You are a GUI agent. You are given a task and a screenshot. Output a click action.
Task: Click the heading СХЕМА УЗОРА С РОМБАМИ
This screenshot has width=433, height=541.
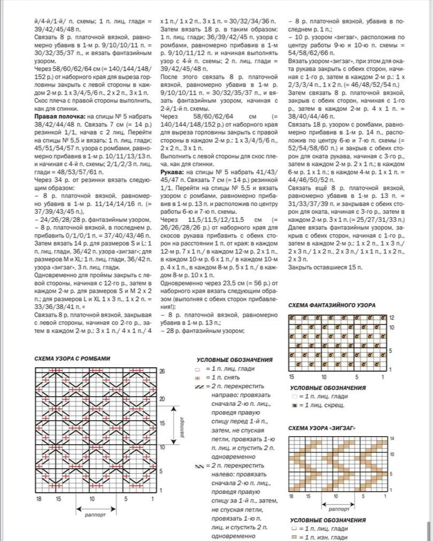[72, 358]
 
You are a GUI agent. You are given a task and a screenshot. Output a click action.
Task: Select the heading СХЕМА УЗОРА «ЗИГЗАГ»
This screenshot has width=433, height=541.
[322, 428]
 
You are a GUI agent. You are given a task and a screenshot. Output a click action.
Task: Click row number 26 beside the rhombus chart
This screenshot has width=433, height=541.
[162, 371]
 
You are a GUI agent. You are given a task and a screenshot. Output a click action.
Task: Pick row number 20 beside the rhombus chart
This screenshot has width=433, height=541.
[162, 399]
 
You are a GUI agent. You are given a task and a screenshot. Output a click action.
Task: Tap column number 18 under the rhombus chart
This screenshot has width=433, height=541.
[38, 498]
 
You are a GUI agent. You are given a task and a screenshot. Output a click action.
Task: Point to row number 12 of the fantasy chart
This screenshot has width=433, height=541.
[391, 318]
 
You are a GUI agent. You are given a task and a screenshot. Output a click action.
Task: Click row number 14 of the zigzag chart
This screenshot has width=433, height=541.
[391, 438]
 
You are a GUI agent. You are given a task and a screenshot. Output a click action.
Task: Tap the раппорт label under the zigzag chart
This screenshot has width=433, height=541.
[339, 509]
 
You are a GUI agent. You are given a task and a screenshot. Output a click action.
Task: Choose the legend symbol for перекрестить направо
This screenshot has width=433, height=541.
[200, 387]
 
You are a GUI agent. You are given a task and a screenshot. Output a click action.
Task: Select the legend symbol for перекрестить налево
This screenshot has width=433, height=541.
[200, 466]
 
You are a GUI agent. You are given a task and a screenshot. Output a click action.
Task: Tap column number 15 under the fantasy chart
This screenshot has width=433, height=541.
[292, 377]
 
